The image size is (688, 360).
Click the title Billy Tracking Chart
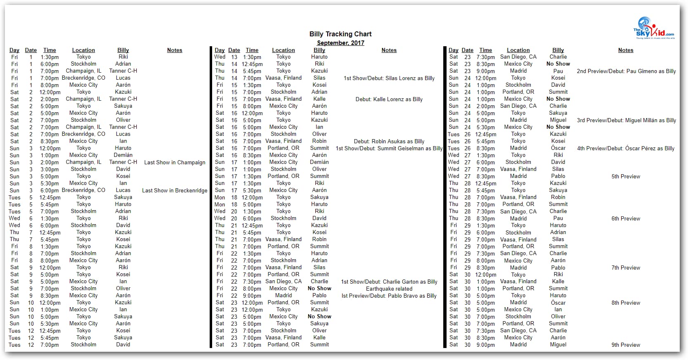pyautogui.click(x=340, y=34)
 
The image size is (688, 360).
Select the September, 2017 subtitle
pyautogui.click(x=340, y=43)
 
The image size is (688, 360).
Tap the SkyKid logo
pyautogui.click(x=654, y=28)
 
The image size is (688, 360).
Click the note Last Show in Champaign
pyautogui.click(x=175, y=163)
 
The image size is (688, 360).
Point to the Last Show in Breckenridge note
pyautogui.click(x=175, y=191)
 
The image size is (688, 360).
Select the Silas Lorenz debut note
pyautogui.click(x=389, y=78)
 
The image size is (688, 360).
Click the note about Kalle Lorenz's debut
pyautogui.click(x=389, y=99)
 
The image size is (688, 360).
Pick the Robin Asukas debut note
pyautogui.click(x=389, y=142)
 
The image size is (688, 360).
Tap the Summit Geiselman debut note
pyautogui.click(x=389, y=149)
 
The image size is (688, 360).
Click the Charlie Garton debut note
pyautogui.click(x=389, y=282)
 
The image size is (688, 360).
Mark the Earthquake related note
pyautogui.click(x=389, y=289)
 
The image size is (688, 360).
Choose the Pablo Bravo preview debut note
pyautogui.click(x=389, y=296)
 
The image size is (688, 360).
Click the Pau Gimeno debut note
pyautogui.click(x=626, y=71)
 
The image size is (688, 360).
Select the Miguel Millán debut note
pyautogui.click(x=626, y=121)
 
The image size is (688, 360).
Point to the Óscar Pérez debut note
pyautogui.click(x=626, y=149)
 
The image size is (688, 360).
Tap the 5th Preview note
pyautogui.click(x=626, y=177)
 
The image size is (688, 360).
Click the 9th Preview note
pyautogui.click(x=626, y=345)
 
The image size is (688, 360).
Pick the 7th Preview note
pyautogui.click(x=626, y=268)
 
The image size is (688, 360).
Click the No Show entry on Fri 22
pyautogui.click(x=319, y=289)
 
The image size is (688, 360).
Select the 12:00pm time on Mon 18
pyautogui.click(x=252, y=198)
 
